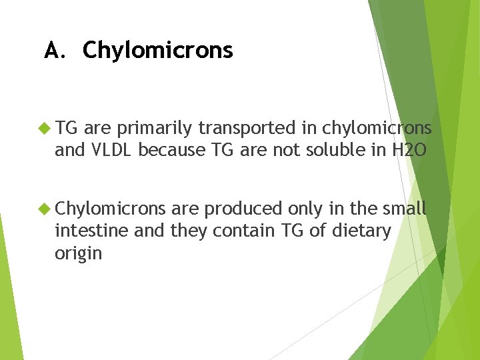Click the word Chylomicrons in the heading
click(157, 51)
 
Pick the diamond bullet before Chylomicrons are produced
click(45, 209)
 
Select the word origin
click(78, 254)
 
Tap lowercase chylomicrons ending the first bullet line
click(378, 129)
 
